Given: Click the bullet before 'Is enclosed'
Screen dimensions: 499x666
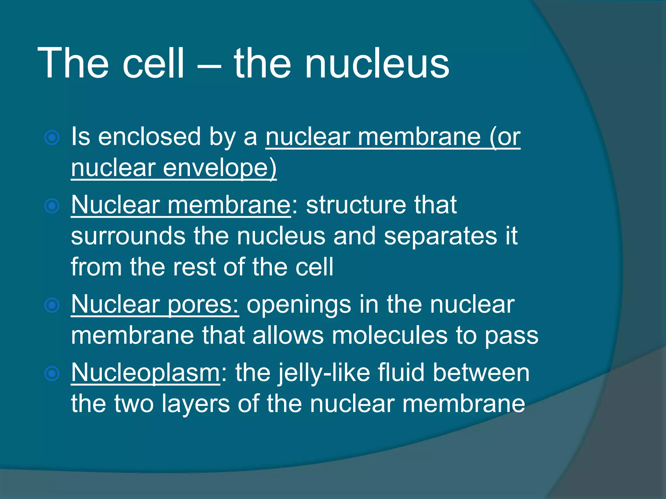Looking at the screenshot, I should pyautogui.click(x=52, y=138).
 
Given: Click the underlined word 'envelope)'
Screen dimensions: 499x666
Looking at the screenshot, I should pyautogui.click(x=220, y=169).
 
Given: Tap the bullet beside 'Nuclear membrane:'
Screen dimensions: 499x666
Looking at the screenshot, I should pyautogui.click(x=52, y=206).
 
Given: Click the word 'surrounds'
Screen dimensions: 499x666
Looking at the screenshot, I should pyautogui.click(x=128, y=237).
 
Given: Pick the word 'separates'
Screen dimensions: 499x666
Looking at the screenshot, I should pyautogui.click(x=440, y=237).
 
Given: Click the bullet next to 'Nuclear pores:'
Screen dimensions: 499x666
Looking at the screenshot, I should pyautogui.click(x=52, y=305).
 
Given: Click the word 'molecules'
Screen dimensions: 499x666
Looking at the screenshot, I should pyautogui.click(x=389, y=336).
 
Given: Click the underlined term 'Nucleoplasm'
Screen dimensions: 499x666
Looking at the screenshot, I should pyautogui.click(x=145, y=373).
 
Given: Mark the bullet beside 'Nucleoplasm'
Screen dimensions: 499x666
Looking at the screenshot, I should pyautogui.click(x=52, y=374).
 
